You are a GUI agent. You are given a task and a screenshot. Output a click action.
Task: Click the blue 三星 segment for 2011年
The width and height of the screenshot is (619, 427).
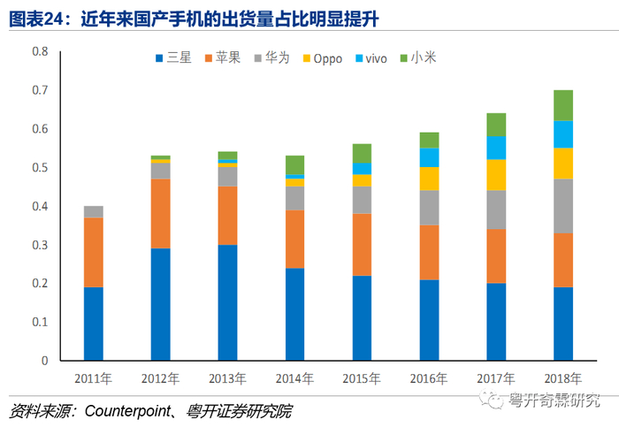(93, 324)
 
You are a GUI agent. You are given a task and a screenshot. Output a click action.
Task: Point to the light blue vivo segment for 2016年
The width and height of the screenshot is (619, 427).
(430, 157)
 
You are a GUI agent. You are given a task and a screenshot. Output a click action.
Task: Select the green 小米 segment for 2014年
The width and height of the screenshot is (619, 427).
(294, 164)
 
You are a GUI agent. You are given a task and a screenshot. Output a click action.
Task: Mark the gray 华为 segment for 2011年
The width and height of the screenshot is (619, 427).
(93, 211)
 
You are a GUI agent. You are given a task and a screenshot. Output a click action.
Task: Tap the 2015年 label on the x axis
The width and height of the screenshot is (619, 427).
(362, 378)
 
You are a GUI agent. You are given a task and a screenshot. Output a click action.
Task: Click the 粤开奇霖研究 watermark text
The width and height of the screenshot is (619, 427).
(554, 400)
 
